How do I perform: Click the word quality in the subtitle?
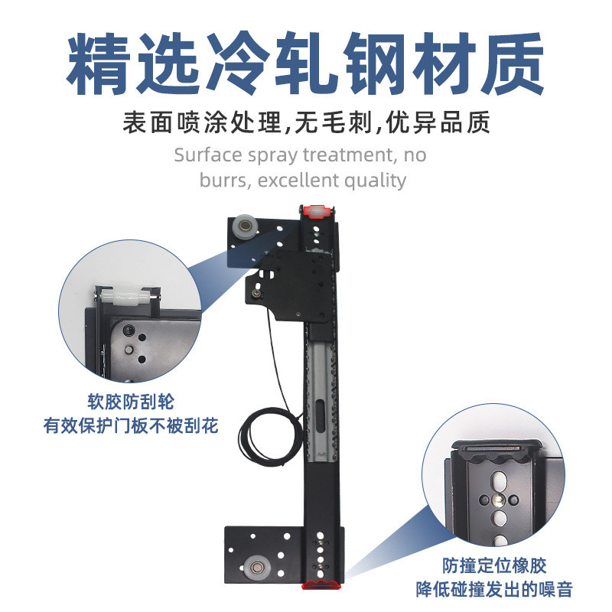click(374, 181)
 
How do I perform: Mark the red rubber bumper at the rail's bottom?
click(321, 585)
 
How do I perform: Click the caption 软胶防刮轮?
click(131, 400)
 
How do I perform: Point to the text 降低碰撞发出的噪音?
click(494, 590)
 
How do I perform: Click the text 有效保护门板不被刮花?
click(131, 425)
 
